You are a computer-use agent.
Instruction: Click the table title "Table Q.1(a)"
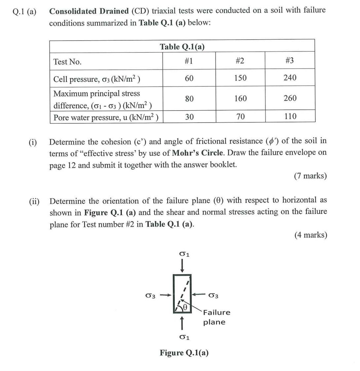pyautogui.click(x=182, y=47)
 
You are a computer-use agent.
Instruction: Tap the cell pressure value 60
pyautogui.click(x=189, y=78)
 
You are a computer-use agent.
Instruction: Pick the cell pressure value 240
pyautogui.click(x=290, y=78)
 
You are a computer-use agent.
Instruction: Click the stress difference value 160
pyautogui.click(x=240, y=98)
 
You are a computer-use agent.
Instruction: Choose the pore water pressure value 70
pyautogui.click(x=240, y=116)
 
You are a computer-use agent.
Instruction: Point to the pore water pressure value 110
pyautogui.click(x=290, y=116)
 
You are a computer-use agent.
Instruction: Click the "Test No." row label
pyautogui.click(x=67, y=62)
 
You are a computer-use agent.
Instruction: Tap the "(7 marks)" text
pyautogui.click(x=310, y=176)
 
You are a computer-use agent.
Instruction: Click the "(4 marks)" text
pyautogui.click(x=310, y=235)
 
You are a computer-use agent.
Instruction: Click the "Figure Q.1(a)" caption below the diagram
pyautogui.click(x=184, y=353)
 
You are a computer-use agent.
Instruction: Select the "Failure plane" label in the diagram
pyautogui.click(x=216, y=317)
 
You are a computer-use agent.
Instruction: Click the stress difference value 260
pyautogui.click(x=290, y=98)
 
